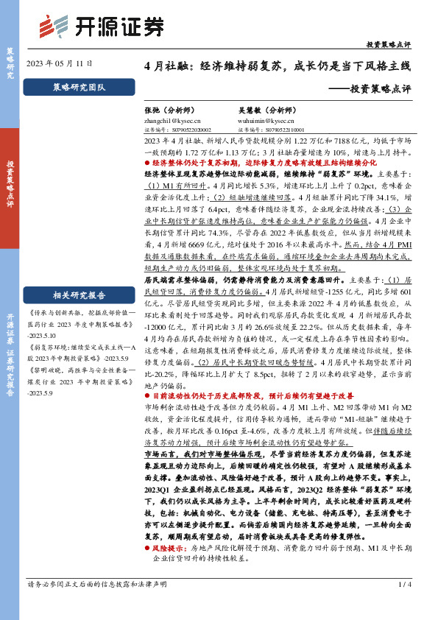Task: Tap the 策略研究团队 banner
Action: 80,87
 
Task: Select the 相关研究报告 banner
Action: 80,275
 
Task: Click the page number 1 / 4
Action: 403,605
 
